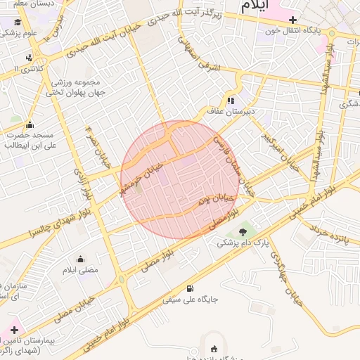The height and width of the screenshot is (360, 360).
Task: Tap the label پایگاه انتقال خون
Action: coord(293,31)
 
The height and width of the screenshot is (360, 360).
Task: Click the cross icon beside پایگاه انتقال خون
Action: coord(293,20)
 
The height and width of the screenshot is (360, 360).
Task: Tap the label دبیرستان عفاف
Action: coord(230,111)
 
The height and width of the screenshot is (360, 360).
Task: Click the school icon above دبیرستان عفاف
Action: coord(231,101)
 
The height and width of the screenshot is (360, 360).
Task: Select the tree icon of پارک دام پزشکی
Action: coord(244,231)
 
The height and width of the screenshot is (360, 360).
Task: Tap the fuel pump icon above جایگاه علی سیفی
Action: coord(191,288)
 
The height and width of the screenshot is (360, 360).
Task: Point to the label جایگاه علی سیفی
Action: coord(191,300)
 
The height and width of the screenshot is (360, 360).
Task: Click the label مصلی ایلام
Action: coord(81,270)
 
